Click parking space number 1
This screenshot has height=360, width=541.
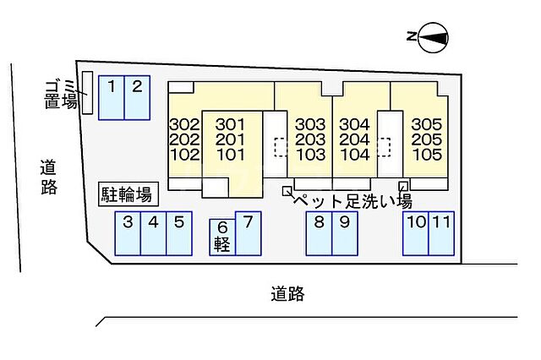point(111,97)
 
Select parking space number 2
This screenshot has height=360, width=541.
point(137,97)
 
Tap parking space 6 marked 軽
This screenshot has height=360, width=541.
point(222,237)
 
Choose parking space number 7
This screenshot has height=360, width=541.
point(248,233)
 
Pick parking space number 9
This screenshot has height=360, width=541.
point(345,233)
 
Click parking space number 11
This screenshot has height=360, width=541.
point(441,233)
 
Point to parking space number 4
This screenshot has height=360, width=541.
point(154,233)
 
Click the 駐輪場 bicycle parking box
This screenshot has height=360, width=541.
point(128,194)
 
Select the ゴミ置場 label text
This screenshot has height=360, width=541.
point(60,94)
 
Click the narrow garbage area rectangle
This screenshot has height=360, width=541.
point(88,92)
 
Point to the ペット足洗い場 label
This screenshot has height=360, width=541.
point(352,201)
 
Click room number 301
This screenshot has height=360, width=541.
point(230,124)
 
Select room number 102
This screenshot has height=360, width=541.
point(185,155)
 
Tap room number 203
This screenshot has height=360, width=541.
point(310,139)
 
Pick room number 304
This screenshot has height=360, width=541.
point(355,124)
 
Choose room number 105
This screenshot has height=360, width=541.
point(427,155)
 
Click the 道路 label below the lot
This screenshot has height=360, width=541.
point(287,294)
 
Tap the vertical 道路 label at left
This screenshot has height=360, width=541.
point(49,177)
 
